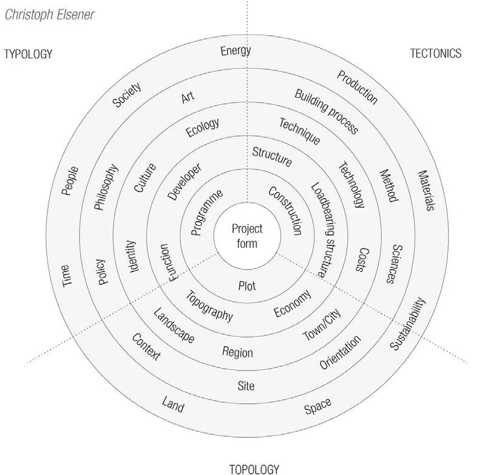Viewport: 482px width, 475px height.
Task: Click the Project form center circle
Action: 247,236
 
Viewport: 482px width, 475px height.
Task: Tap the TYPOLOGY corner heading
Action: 28,54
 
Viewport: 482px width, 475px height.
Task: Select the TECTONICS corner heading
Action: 435,53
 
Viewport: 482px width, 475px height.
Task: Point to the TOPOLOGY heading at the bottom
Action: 254,468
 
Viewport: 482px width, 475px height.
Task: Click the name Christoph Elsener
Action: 50,14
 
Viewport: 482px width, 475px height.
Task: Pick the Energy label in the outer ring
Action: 236,50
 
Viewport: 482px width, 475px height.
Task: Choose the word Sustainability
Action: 408,323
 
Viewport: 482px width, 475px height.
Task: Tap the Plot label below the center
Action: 247,285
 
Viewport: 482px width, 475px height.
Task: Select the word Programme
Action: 206,212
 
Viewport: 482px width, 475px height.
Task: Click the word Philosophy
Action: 106,187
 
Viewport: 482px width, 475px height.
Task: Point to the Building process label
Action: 326,111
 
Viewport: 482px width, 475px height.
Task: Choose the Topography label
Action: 209,307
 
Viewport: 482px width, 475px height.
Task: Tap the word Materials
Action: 426,190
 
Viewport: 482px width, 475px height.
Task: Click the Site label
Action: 246,386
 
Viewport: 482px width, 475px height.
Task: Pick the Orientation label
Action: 340,352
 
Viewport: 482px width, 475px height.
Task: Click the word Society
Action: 127,95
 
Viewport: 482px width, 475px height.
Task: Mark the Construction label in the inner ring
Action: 285,210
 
